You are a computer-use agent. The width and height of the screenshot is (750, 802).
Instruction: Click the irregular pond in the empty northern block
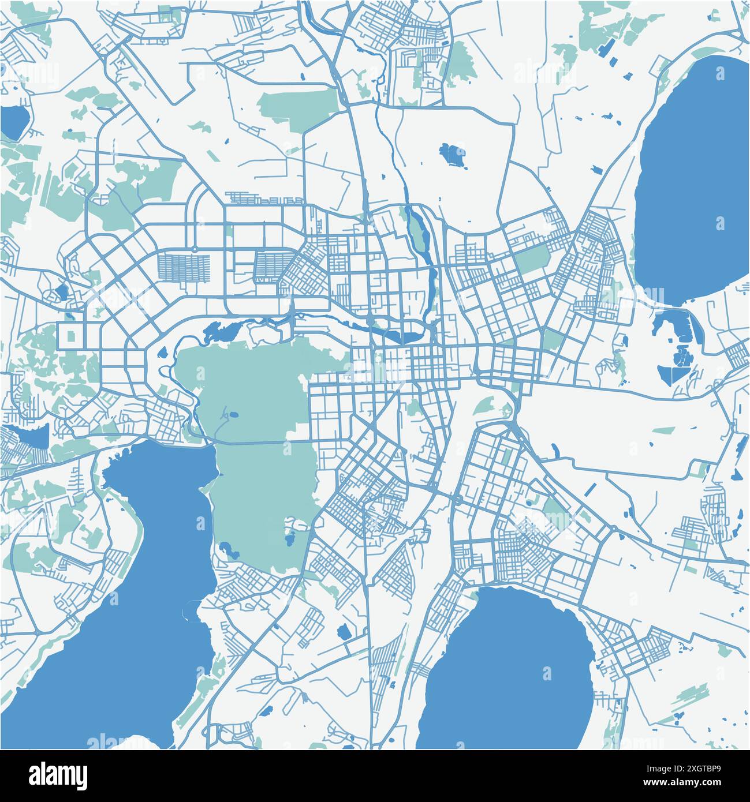pos(453,155)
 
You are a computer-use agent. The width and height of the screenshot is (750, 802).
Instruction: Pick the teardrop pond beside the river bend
pos(162,351)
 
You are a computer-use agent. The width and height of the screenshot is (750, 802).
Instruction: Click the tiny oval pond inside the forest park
pos(233,414)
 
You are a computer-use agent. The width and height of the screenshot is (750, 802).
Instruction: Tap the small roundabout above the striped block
pos(195,249)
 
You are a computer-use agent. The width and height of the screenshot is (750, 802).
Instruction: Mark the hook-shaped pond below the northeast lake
pos(664,323)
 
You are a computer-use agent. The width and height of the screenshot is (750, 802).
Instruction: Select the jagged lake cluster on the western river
pos(222,332)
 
